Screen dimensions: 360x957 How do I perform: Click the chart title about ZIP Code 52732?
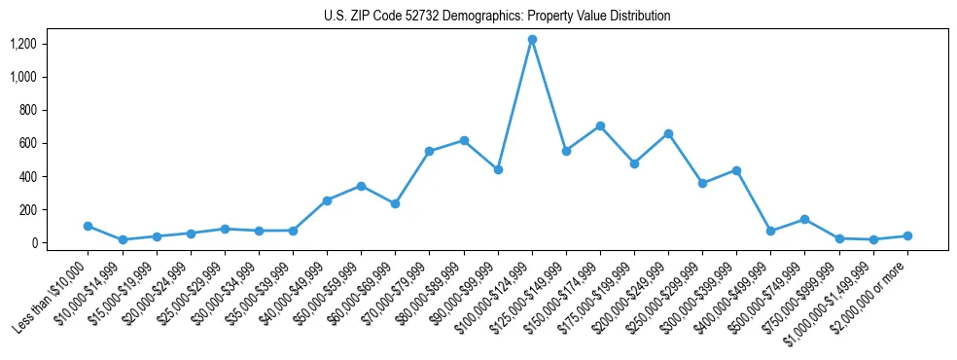pyautogui.click(x=497, y=17)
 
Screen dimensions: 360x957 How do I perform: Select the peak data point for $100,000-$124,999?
pyautogui.click(x=532, y=40)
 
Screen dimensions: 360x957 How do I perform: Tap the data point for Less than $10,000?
pyautogui.click(x=89, y=226)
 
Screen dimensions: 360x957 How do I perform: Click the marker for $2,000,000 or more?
pyautogui.click(x=907, y=235)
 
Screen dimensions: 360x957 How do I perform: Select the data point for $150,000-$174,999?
pyautogui.click(x=600, y=126)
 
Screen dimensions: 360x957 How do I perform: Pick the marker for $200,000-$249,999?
pyautogui.click(x=668, y=133)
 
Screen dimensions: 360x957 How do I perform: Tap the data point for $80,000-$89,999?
pyautogui.click(x=464, y=140)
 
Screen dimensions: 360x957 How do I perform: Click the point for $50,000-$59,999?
pyautogui.click(x=361, y=186)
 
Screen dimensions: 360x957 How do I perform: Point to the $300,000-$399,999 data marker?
pyautogui.click(x=736, y=170)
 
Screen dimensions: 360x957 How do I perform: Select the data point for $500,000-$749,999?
pyautogui.click(x=804, y=219)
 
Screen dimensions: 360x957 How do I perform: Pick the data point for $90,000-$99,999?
pyautogui.click(x=498, y=169)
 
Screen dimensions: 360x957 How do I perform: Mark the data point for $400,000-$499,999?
pyautogui.click(x=770, y=231)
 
